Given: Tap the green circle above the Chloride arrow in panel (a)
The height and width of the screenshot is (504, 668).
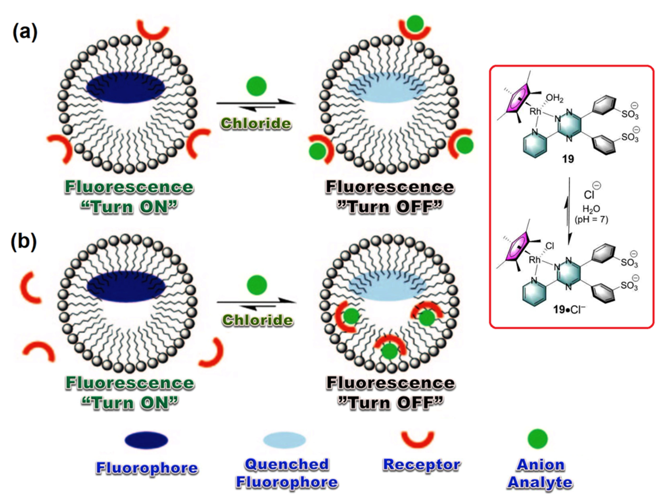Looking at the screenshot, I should [256, 86].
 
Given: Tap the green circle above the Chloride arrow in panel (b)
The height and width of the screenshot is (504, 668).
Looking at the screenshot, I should [257, 285].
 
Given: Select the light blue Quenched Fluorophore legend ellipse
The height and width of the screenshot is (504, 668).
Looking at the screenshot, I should [284, 440].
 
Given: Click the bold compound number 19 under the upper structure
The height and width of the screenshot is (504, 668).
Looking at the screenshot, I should [568, 159].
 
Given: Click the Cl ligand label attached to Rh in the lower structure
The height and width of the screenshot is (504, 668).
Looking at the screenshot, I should [550, 247].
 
